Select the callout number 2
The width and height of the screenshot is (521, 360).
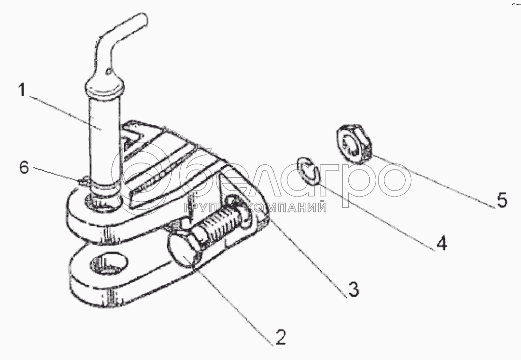[281, 338]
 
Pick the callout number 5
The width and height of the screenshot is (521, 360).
[501, 200]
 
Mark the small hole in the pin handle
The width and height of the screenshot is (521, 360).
[108, 71]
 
